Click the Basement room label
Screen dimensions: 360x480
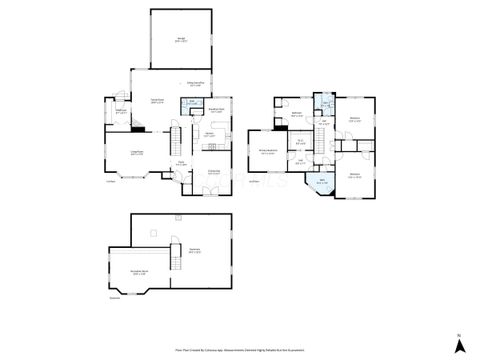click(195, 251)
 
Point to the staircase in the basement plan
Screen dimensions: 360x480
click(150, 235)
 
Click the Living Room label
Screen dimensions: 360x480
click(137, 152)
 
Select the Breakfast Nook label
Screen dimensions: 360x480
click(216, 111)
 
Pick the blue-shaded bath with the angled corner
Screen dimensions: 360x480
click(322, 183)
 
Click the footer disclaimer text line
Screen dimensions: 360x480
click(240, 350)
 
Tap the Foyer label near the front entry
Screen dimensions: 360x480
click(182, 163)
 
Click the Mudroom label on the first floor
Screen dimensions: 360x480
click(121, 112)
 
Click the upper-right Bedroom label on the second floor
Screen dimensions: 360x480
click(355, 121)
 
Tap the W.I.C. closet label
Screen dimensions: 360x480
click(300, 142)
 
